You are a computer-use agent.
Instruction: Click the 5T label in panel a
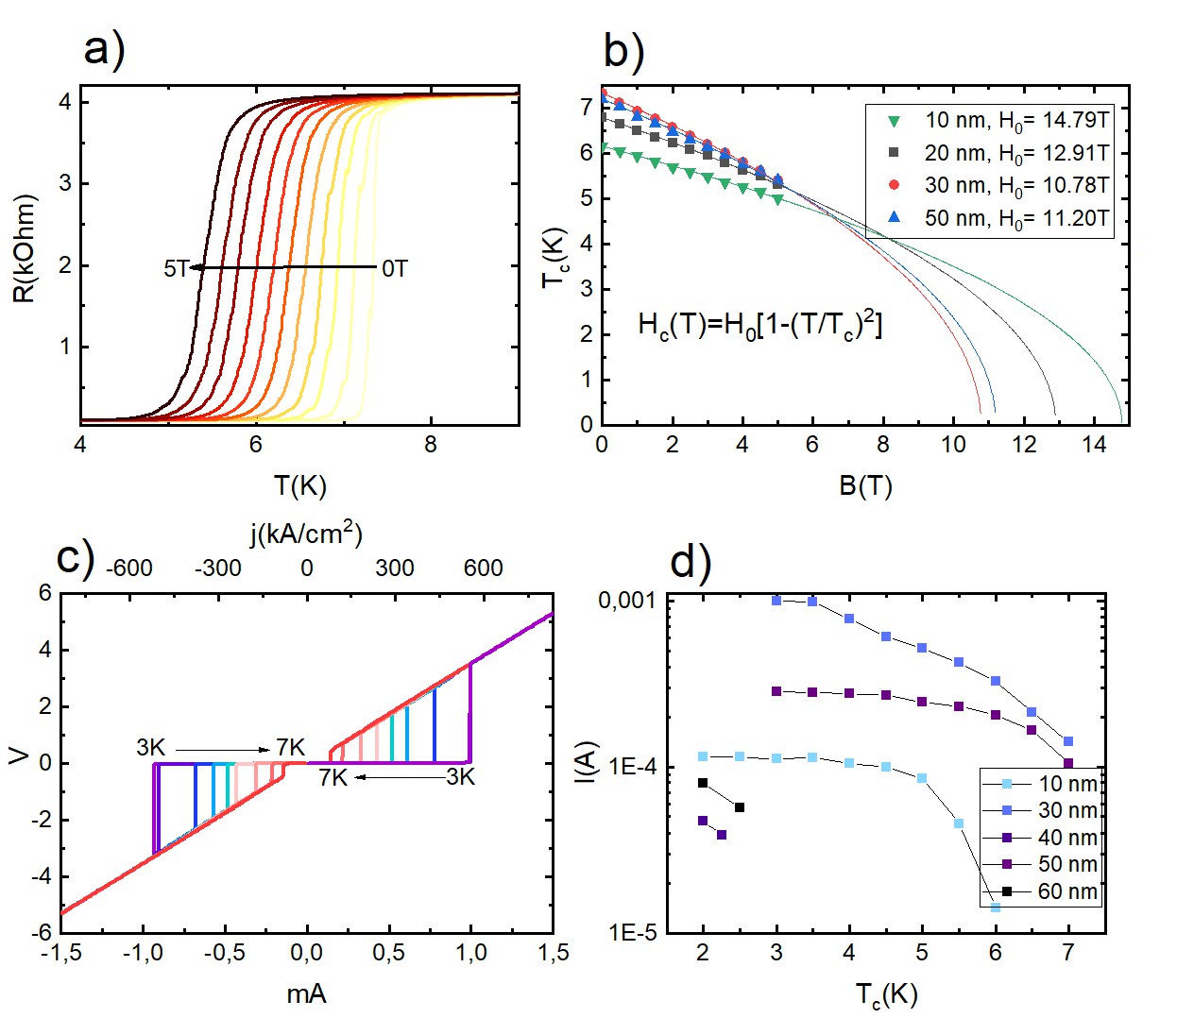[x=176, y=269]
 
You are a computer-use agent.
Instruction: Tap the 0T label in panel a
[x=395, y=269]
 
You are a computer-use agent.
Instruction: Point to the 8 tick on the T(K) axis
[x=431, y=445]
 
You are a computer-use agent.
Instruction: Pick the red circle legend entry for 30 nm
[x=894, y=185]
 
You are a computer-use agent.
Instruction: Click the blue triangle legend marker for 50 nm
[x=894, y=218]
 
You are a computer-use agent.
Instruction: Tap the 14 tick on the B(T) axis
[x=1094, y=445]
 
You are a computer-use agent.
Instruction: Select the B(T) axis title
[x=865, y=486]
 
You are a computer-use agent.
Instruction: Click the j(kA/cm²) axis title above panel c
[x=306, y=534]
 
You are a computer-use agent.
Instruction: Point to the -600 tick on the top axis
[x=129, y=568]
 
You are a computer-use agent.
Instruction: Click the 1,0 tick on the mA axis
[x=470, y=954]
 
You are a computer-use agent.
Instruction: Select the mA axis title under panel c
[x=306, y=993]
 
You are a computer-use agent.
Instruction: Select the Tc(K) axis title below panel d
[x=886, y=995]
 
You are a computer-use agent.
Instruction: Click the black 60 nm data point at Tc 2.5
[x=740, y=807]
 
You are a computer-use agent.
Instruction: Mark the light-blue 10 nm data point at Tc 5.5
[x=959, y=823]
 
